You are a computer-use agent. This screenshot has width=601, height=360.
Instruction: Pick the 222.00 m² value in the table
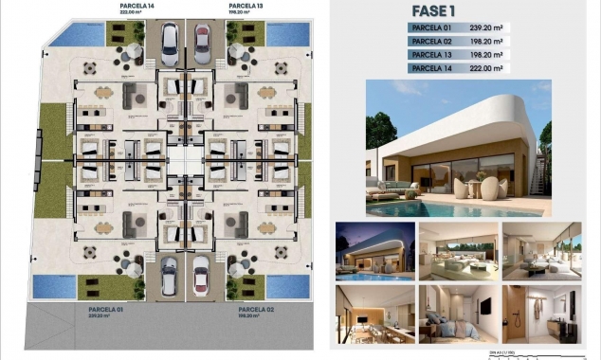click(486, 68)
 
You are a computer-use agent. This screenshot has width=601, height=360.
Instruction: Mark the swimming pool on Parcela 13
click(282, 35)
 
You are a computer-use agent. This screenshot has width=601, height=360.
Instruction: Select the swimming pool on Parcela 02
click(282, 285)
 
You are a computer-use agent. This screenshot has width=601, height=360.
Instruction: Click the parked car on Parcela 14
click(169, 42)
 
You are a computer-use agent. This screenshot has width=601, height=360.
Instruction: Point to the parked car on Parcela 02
click(201, 276)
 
